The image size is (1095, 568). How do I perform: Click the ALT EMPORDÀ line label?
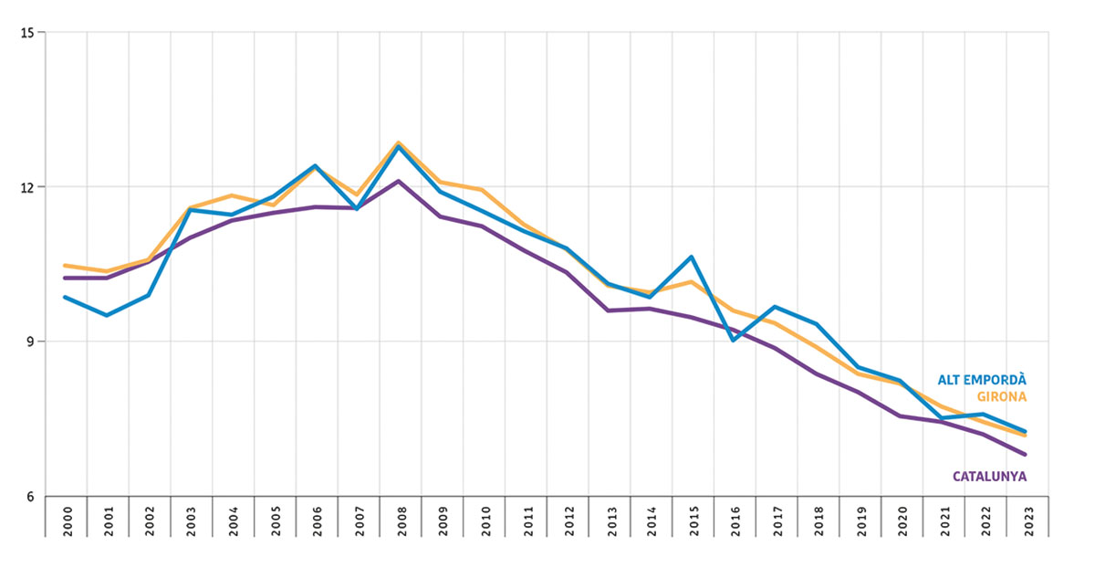982,380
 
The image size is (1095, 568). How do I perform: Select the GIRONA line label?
1001,396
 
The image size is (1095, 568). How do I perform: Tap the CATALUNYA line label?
989,476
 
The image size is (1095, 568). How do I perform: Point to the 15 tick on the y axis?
26,33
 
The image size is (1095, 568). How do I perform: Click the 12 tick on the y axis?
26,187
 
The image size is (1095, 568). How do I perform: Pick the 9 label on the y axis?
28,342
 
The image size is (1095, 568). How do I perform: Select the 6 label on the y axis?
28,498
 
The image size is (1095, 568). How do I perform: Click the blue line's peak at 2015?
692,257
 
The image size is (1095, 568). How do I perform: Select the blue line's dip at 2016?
734,340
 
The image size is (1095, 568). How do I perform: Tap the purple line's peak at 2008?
399,181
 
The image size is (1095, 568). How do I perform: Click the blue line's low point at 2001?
107,315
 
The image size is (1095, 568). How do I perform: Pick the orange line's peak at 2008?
399,142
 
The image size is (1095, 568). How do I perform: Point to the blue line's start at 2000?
65,297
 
